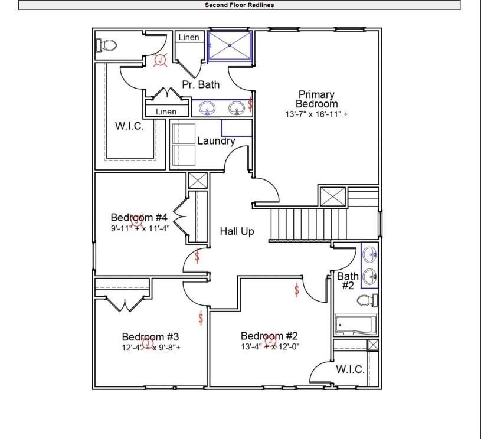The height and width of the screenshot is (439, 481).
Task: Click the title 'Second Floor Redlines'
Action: [239, 5]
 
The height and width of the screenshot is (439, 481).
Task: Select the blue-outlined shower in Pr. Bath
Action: [230, 45]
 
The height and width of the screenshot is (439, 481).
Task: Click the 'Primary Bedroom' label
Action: [316, 99]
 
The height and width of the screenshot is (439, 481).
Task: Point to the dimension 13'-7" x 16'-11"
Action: [316, 114]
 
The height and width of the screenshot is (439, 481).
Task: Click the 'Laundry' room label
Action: [216, 141]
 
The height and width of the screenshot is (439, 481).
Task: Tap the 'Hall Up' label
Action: [237, 231]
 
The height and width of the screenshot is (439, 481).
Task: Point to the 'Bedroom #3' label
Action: [150, 336]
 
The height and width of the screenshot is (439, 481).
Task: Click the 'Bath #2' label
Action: [348, 281]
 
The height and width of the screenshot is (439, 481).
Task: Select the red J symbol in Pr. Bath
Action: [160, 60]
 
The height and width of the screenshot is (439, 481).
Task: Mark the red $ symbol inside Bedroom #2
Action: [296, 290]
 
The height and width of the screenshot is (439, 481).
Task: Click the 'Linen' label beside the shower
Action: [189, 37]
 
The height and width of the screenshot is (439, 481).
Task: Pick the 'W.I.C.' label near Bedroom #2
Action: [350, 370]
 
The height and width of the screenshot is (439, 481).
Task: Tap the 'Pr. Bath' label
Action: [201, 84]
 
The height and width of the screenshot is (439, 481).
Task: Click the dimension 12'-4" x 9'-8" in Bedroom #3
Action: [150, 348]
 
